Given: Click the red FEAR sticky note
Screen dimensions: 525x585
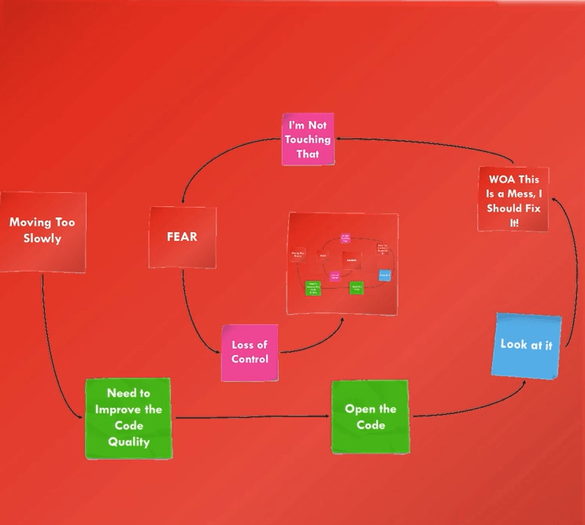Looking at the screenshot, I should (182, 236).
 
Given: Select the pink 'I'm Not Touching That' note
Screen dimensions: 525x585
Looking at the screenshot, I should (308, 139).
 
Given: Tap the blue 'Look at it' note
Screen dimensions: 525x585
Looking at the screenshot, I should (526, 345).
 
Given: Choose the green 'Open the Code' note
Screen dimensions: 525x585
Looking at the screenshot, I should (370, 416).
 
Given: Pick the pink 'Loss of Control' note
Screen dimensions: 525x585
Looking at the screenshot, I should (250, 352).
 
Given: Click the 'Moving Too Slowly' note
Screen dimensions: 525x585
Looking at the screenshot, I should (42, 231).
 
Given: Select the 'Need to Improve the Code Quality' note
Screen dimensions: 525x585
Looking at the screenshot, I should (128, 417).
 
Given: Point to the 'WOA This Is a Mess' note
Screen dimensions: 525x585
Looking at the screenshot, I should (513, 200).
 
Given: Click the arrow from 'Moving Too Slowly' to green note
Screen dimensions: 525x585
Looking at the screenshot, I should (49, 346).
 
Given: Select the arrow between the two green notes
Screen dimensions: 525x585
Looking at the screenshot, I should (252, 417).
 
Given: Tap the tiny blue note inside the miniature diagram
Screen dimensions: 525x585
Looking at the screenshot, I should (384, 275).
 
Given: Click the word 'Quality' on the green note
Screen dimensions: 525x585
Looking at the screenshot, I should (128, 442).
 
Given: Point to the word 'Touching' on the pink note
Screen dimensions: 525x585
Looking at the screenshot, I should (308, 139).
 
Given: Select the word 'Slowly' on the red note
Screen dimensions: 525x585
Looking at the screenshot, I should (42, 238).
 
